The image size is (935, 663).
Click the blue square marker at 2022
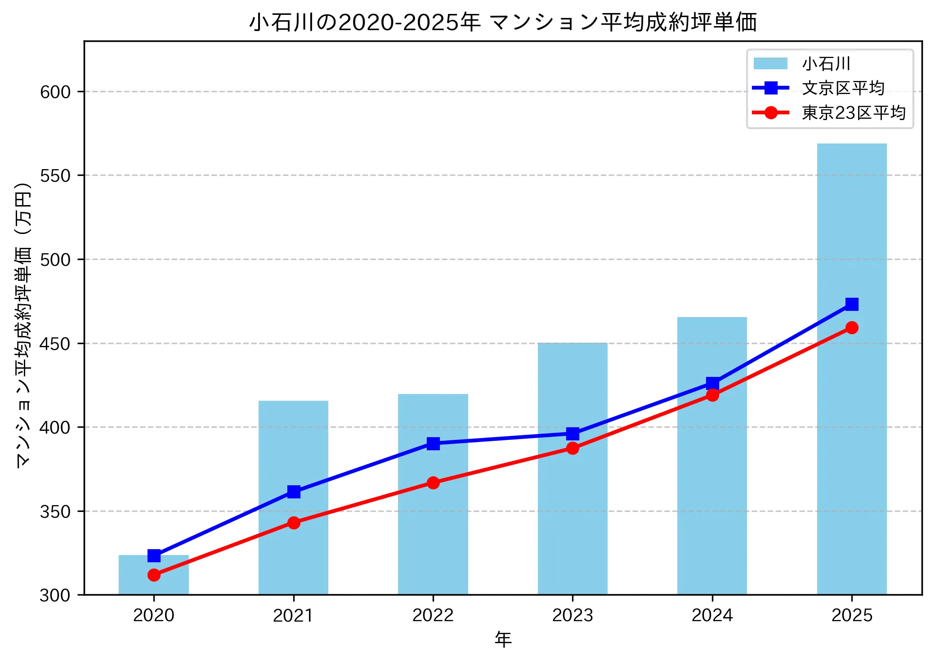433,443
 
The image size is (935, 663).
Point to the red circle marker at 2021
294,523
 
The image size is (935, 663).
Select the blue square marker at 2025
851,305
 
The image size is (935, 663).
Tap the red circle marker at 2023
573,448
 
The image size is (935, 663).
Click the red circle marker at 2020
154,575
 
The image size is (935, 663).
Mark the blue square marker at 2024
712,383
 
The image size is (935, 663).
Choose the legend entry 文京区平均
843,88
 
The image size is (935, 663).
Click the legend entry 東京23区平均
853,112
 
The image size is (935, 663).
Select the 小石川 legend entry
826,64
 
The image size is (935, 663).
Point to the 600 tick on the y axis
55,92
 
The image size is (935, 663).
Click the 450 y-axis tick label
55,344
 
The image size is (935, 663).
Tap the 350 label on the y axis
55,512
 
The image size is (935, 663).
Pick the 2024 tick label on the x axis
712,615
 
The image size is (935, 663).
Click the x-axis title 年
503,640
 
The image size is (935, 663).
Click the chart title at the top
503,22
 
